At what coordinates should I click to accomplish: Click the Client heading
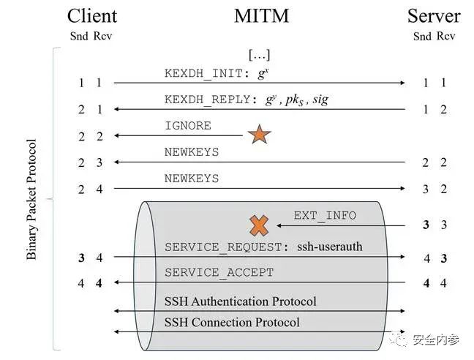(x=92, y=16)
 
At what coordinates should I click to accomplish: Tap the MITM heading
(x=261, y=15)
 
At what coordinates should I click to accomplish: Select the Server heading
(x=434, y=16)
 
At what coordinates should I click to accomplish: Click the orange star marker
(x=260, y=134)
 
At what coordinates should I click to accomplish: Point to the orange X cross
(x=259, y=225)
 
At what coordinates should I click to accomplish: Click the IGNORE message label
(x=188, y=125)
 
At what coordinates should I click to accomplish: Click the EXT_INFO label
(x=325, y=216)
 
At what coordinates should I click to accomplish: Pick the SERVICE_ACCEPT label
(x=219, y=273)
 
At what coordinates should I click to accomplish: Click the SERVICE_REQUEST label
(x=223, y=247)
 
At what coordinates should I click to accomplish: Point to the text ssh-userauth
(x=330, y=247)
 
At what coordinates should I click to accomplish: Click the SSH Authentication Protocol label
(x=241, y=301)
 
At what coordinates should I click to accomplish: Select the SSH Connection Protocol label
(x=232, y=322)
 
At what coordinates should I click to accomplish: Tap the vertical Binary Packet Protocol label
(x=31, y=200)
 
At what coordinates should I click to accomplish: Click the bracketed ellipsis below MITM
(x=259, y=55)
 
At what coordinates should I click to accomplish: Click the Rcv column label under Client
(x=103, y=36)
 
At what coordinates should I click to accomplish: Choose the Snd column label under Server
(x=422, y=37)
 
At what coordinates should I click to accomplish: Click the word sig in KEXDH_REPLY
(x=320, y=100)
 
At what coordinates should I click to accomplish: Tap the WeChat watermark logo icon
(x=399, y=340)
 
